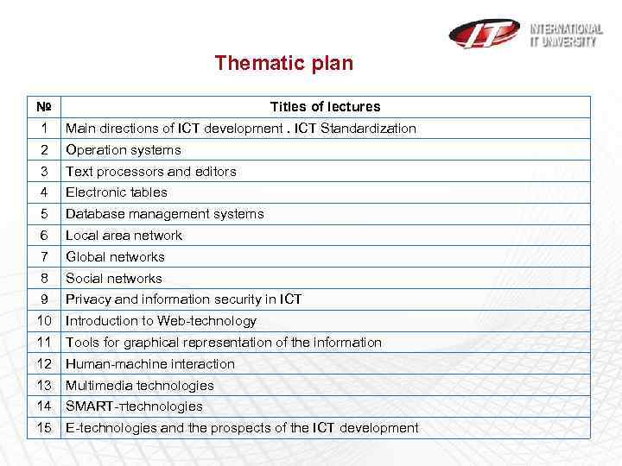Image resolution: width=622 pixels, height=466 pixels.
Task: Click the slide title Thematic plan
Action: point(283,63)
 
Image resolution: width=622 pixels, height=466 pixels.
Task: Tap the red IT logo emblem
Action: point(484,33)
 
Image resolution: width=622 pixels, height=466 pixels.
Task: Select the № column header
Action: point(44,107)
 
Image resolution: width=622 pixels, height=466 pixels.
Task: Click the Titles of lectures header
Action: point(325,107)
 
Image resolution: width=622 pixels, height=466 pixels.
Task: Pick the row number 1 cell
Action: point(44,129)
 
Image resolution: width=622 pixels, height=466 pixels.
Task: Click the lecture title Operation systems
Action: point(124,150)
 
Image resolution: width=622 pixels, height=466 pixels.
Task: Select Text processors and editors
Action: point(151,172)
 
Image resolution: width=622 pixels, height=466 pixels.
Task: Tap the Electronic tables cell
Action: point(117,192)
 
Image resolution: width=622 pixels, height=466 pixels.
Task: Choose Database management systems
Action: point(165,214)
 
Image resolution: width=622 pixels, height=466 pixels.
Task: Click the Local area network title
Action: point(124,236)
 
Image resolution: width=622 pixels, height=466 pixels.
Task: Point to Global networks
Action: point(115,257)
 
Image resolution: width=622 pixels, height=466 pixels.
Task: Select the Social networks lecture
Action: point(114,279)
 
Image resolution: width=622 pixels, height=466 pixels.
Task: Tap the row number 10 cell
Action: point(44,321)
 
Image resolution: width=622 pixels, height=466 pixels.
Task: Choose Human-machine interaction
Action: point(150,364)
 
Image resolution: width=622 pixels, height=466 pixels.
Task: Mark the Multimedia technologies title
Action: point(140,386)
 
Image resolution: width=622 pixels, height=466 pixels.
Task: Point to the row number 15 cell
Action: point(44,428)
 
